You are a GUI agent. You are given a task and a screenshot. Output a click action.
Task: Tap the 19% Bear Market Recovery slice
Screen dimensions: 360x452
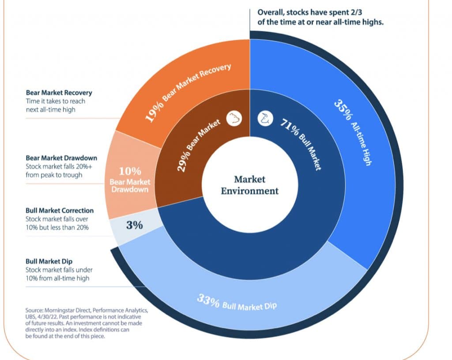(x=185, y=84)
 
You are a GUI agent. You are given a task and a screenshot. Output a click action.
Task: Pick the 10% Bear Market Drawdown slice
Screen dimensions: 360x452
(x=130, y=179)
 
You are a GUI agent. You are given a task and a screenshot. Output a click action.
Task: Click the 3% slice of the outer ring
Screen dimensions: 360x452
(x=134, y=225)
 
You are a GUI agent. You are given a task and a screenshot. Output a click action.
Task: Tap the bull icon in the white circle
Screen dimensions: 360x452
(x=265, y=119)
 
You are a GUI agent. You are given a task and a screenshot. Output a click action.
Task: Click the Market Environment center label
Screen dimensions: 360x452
(x=250, y=185)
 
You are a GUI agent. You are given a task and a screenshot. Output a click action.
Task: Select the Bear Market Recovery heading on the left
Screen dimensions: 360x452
(x=59, y=93)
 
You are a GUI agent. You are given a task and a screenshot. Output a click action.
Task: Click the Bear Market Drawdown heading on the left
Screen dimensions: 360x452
(x=61, y=158)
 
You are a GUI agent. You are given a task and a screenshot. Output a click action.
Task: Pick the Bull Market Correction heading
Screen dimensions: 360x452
(x=60, y=211)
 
